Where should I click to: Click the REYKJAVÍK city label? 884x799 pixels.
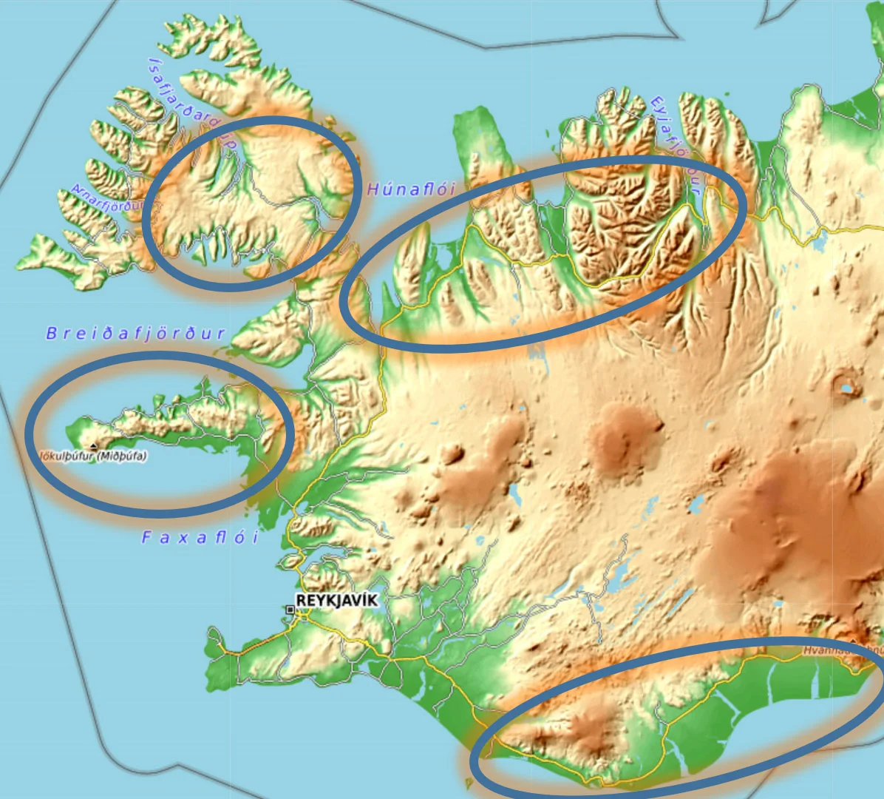tap(336, 600)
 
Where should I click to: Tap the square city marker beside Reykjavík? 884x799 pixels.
tap(290, 610)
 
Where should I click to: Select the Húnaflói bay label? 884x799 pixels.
tap(411, 189)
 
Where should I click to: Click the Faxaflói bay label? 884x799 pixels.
tap(200, 538)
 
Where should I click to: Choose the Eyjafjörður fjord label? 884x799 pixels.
tap(675, 141)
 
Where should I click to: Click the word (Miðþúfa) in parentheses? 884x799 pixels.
tap(122, 457)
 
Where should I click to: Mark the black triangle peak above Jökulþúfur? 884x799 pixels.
tap(92, 445)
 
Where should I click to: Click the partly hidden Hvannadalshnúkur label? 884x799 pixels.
tap(843, 653)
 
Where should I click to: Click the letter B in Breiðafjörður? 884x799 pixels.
tap(51, 334)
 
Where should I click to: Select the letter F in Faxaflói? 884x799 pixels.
tap(146, 538)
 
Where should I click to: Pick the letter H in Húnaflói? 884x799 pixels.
tap(373, 189)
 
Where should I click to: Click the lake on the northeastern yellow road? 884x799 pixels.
tap(820, 240)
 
